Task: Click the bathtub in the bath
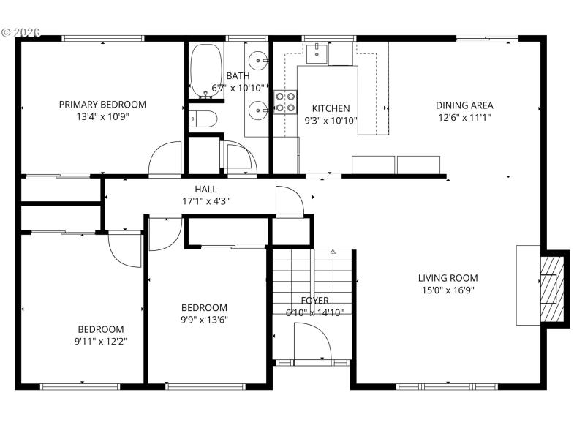tap(205, 71)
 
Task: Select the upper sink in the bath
tap(258, 60)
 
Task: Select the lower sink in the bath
tap(258, 110)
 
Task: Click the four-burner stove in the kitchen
tap(285, 102)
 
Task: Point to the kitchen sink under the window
tap(317, 51)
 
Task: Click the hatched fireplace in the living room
tap(553, 287)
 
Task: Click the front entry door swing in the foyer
tap(311, 342)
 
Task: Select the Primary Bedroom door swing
tap(165, 159)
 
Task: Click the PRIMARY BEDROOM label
tap(102, 104)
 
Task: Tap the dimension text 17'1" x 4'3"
tap(205, 201)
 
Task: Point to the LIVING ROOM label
tap(448, 278)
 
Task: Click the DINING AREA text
tap(464, 105)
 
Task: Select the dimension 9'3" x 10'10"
tap(330, 121)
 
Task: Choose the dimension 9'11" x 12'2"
tap(101, 342)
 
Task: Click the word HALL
tap(205, 189)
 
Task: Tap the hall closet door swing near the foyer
tap(290, 201)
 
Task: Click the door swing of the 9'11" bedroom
tap(124, 249)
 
